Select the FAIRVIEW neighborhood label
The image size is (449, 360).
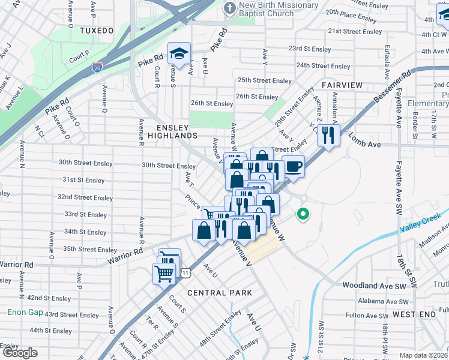342,85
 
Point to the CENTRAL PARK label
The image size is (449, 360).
219,293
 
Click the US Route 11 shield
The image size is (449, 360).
187,272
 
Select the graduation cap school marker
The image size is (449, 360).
179,54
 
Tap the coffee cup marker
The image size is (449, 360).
293,166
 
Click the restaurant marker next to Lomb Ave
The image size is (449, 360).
329,135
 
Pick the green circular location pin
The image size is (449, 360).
304,214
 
